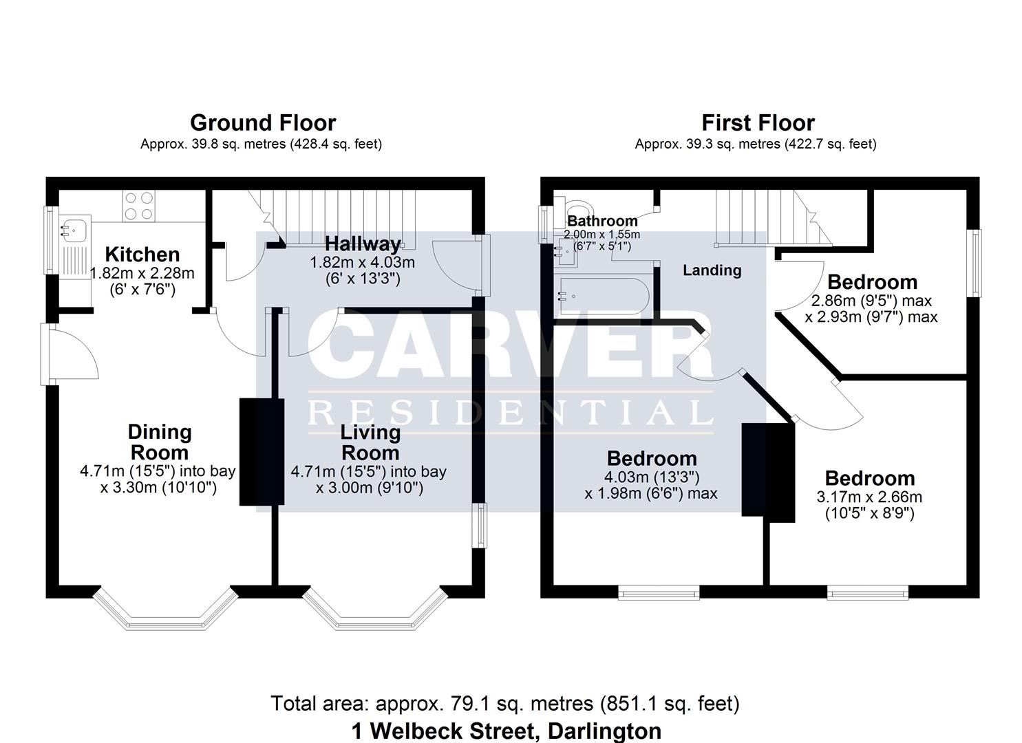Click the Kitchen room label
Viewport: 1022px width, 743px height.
142,255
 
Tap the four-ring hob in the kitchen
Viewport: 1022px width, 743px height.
138,206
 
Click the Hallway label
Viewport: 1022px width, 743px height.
363,244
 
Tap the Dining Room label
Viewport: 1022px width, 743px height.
159,442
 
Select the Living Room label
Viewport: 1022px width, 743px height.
370,442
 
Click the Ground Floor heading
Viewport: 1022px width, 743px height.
262,123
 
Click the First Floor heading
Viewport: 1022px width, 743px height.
758,123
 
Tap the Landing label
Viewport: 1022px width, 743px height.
712,270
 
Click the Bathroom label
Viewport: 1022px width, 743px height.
602,221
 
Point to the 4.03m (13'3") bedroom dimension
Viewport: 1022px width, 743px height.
651,477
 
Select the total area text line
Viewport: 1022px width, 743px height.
505,704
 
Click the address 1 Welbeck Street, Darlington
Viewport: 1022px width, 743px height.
506,731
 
